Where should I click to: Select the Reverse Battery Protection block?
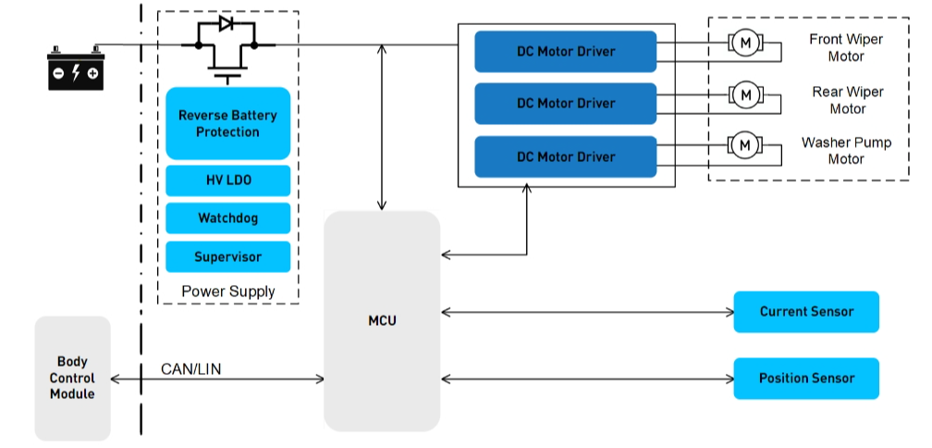click(228, 123)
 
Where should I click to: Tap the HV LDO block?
click(228, 180)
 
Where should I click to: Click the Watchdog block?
click(228, 218)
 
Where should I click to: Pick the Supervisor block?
click(228, 256)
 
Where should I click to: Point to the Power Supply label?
click(228, 292)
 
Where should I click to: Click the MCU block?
click(382, 320)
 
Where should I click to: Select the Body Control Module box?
click(72, 378)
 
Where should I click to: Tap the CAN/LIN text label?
click(191, 369)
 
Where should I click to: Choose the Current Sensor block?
click(806, 312)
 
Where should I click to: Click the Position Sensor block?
click(806, 378)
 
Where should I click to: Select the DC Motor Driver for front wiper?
click(566, 51)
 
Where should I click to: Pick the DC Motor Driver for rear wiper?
click(566, 103)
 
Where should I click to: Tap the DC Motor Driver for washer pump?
click(566, 156)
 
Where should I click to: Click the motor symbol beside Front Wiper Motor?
click(745, 43)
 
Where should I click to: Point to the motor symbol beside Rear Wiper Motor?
click(745, 93)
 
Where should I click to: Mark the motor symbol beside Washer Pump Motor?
click(745, 144)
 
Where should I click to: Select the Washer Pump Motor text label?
click(845, 151)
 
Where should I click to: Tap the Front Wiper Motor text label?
click(845, 48)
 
